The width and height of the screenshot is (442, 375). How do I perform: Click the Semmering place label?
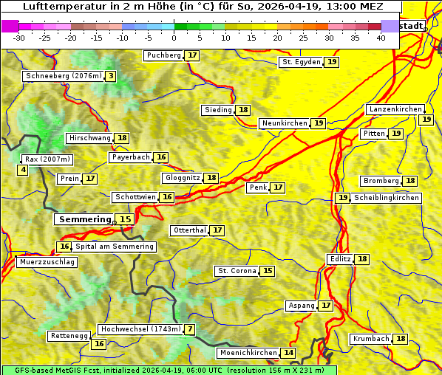(84, 219)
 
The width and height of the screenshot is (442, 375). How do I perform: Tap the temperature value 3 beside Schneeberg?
(111, 76)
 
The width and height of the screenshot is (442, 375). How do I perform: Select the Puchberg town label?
(163, 55)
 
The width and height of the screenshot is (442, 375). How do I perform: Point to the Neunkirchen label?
(285, 123)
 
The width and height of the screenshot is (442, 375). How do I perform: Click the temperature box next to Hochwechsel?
(190, 329)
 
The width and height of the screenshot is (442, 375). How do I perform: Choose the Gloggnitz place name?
(182, 178)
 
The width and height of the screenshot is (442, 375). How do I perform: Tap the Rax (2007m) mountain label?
(47, 159)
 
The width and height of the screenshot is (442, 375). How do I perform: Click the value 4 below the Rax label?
(23, 171)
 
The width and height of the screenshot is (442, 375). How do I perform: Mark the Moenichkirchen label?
(248, 353)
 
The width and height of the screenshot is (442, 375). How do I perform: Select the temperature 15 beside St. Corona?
(268, 271)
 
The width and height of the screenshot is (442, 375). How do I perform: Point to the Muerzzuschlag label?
(47, 262)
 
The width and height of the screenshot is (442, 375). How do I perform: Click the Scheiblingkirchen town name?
(387, 198)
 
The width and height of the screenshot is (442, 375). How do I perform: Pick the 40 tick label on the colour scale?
(381, 38)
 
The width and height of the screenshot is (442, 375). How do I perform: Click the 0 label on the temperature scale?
(174, 38)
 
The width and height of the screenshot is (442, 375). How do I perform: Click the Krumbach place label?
(370, 339)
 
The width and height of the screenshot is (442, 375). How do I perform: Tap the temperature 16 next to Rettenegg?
(98, 344)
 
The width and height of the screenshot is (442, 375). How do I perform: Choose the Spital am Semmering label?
(115, 247)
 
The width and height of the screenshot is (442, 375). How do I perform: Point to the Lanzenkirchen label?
(395, 109)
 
